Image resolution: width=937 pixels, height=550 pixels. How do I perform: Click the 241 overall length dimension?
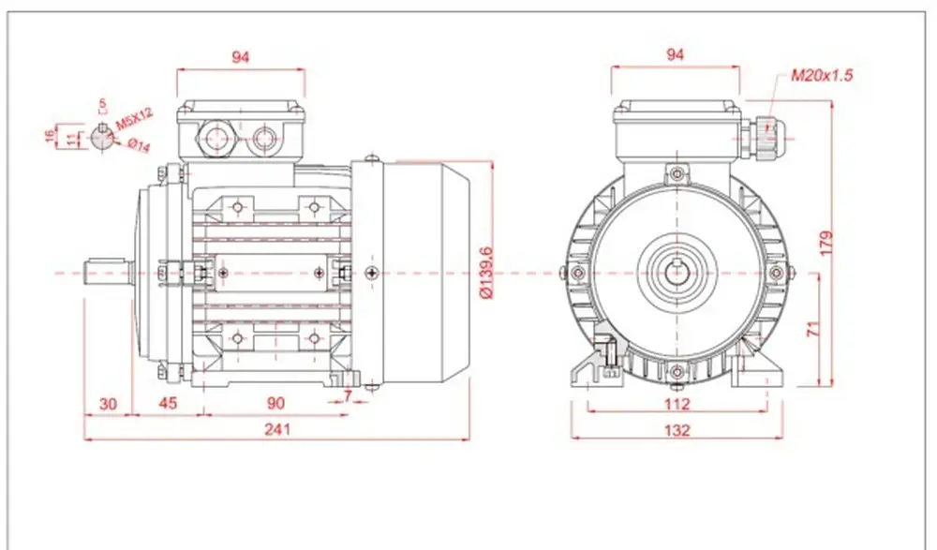277,429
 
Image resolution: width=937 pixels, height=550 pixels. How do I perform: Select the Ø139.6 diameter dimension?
485,272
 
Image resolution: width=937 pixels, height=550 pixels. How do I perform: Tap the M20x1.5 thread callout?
823,75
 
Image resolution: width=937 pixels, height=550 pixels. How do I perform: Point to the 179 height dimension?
825,243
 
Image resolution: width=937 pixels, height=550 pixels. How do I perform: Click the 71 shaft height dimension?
814,328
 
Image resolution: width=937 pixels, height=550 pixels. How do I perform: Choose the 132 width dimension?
677,430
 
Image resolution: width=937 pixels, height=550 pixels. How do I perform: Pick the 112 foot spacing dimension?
677,404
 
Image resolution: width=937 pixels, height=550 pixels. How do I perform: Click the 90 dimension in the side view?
275,403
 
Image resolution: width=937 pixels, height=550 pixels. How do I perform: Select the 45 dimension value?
168,403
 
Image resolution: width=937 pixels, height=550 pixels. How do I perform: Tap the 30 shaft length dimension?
108,404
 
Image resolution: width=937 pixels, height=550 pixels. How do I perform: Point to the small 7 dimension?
348,395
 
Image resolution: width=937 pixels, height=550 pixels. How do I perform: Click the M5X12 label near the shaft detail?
134,119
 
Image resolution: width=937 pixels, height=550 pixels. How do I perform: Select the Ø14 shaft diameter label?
139,144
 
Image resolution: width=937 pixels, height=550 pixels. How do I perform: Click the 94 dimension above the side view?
240,57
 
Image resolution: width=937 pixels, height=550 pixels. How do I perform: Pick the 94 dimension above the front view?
675,54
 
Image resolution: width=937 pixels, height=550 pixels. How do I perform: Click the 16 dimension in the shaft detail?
49,137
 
